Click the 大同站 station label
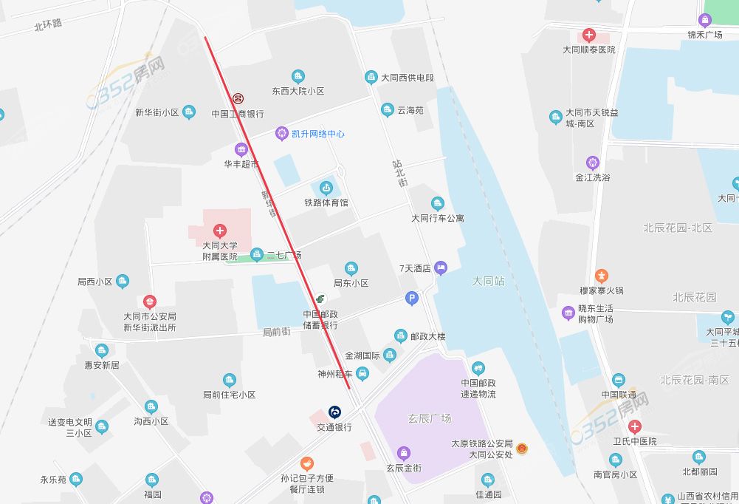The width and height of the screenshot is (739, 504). (x=488, y=282)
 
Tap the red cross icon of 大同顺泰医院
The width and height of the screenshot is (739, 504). (x=588, y=35)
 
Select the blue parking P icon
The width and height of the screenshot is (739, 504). (x=412, y=299)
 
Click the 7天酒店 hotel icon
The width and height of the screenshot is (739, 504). (x=441, y=268)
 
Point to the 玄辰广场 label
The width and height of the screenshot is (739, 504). (x=429, y=418)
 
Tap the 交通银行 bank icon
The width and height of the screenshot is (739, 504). (x=334, y=412)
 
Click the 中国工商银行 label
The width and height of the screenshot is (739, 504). (x=237, y=114)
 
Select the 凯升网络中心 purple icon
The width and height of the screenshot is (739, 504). (x=281, y=134)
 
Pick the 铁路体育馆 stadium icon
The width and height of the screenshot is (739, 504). (x=326, y=188)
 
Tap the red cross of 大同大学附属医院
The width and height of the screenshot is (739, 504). (x=219, y=231)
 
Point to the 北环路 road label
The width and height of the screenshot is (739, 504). (x=48, y=24)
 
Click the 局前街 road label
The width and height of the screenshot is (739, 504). (x=278, y=333)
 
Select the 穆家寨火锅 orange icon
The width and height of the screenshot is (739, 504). (x=602, y=276)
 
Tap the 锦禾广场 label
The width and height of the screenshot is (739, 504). (x=704, y=35)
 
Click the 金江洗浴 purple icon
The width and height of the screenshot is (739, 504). (x=592, y=163)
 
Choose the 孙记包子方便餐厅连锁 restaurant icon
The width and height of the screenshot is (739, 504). (x=307, y=463)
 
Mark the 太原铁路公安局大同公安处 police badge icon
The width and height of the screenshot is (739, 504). (x=522, y=449)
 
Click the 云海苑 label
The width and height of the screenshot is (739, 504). (x=410, y=110)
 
